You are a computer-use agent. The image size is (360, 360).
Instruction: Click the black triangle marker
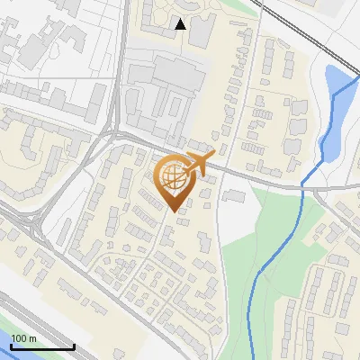181,24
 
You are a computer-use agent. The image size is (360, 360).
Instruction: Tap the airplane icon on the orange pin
199,164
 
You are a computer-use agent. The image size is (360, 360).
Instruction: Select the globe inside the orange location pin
172,176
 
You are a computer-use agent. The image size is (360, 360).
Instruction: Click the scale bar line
41,347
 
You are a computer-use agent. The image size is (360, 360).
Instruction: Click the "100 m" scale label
23,338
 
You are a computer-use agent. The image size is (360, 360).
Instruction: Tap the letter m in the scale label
32,339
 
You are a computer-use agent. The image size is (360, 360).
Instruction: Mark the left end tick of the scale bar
10,346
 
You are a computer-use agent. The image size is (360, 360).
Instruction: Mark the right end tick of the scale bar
74,346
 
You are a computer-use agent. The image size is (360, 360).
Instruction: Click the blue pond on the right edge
336,108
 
